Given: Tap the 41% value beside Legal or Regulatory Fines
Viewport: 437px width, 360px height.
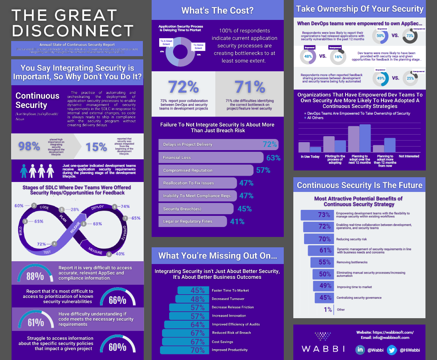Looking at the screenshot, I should (237, 221).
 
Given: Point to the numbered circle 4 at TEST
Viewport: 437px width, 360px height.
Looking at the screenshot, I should (54, 244).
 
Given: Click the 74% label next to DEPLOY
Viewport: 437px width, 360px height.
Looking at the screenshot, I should (125, 207).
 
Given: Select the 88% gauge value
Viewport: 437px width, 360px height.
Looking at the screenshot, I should (35, 276).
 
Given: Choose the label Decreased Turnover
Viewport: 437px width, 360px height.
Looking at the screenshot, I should (228, 299).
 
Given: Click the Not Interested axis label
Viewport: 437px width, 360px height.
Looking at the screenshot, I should (409, 157).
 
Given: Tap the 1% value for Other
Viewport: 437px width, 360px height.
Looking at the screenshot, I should (328, 309).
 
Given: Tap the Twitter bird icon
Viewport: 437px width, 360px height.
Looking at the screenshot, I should (392, 350).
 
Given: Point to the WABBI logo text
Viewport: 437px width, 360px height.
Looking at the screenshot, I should (323, 349).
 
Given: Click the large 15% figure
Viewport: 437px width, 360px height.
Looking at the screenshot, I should (96, 147).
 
